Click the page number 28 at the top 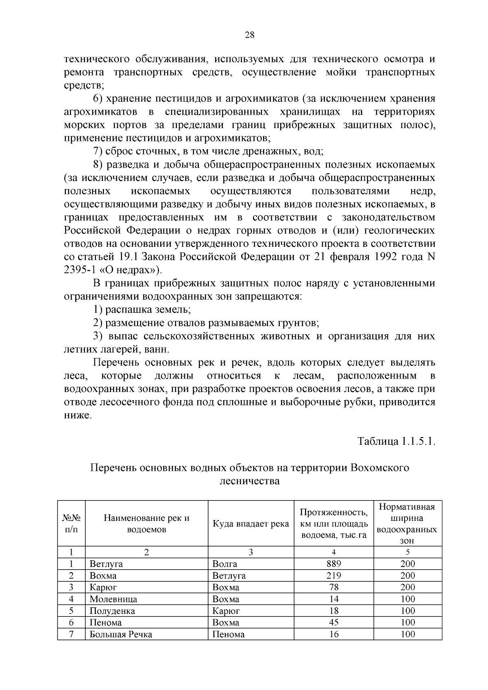click(x=249, y=35)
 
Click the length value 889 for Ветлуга click(x=333, y=564)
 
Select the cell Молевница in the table click(x=113, y=599)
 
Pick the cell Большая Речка click(x=121, y=634)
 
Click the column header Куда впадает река click(x=251, y=524)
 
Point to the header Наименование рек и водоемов click(x=146, y=524)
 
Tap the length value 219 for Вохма click(x=333, y=575)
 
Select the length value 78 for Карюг click(x=333, y=587)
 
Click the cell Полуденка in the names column click(x=112, y=611)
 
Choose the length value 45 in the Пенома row click(x=333, y=623)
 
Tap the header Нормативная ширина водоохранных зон click(x=407, y=524)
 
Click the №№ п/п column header click(x=71, y=524)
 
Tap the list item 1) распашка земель click(x=142, y=309)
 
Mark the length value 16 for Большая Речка click(x=333, y=634)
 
